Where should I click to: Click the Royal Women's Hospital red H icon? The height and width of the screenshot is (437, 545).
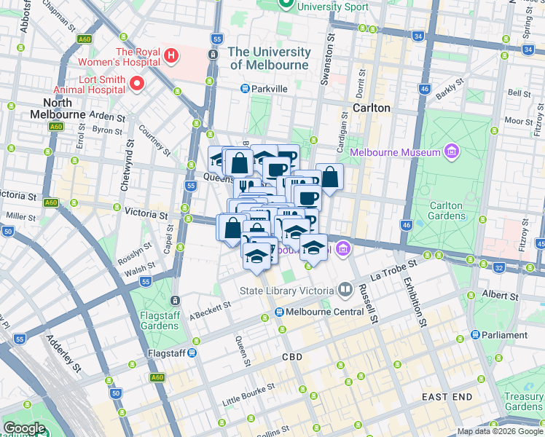click(x=171, y=55)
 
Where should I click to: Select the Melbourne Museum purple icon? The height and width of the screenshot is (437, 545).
click(x=452, y=151)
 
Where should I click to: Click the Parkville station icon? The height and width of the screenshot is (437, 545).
click(x=246, y=89)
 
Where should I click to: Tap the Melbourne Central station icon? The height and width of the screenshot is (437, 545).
click(x=278, y=312)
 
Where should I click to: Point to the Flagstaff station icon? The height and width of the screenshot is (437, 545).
click(x=192, y=353)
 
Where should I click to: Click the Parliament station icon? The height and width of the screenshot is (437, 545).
click(x=475, y=335)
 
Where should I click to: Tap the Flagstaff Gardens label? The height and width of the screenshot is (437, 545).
click(x=159, y=320)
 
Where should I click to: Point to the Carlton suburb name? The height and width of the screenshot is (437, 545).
click(x=371, y=107)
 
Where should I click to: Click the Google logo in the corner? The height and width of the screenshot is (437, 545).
click(x=24, y=428)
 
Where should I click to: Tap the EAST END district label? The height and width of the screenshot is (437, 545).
click(x=447, y=396)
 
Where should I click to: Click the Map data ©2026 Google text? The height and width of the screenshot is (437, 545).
click(x=500, y=431)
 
